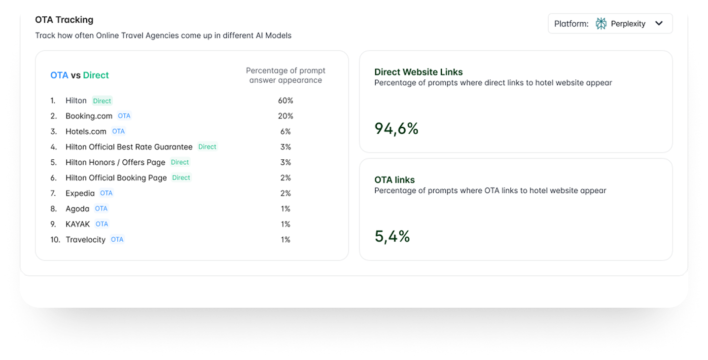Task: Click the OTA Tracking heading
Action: pyautogui.click(x=64, y=20)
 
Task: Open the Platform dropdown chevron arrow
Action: pyautogui.click(x=659, y=24)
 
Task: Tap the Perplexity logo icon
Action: pyautogui.click(x=601, y=24)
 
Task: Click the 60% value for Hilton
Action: pyautogui.click(x=285, y=101)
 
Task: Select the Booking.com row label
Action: pyautogui.click(x=89, y=116)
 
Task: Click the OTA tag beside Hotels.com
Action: pyautogui.click(x=118, y=131)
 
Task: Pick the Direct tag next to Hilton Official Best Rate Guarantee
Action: pyautogui.click(x=207, y=146)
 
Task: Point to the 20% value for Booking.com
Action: pyautogui.click(x=285, y=116)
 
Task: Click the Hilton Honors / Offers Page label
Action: pyautogui.click(x=115, y=162)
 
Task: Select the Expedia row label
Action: pyautogui.click(x=80, y=193)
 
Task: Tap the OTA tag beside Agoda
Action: pyautogui.click(x=101, y=209)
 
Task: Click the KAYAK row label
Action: pyautogui.click(x=77, y=224)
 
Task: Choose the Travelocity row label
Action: pyautogui.click(x=85, y=240)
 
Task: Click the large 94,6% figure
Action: pyautogui.click(x=396, y=129)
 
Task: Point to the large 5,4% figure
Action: pyautogui.click(x=392, y=237)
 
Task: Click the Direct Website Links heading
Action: pyautogui.click(x=418, y=72)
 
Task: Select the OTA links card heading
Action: pyautogui.click(x=394, y=180)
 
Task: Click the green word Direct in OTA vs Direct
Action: pyautogui.click(x=96, y=75)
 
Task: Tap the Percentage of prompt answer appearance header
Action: pyautogui.click(x=285, y=75)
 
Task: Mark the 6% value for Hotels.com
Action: pyautogui.click(x=285, y=131)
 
